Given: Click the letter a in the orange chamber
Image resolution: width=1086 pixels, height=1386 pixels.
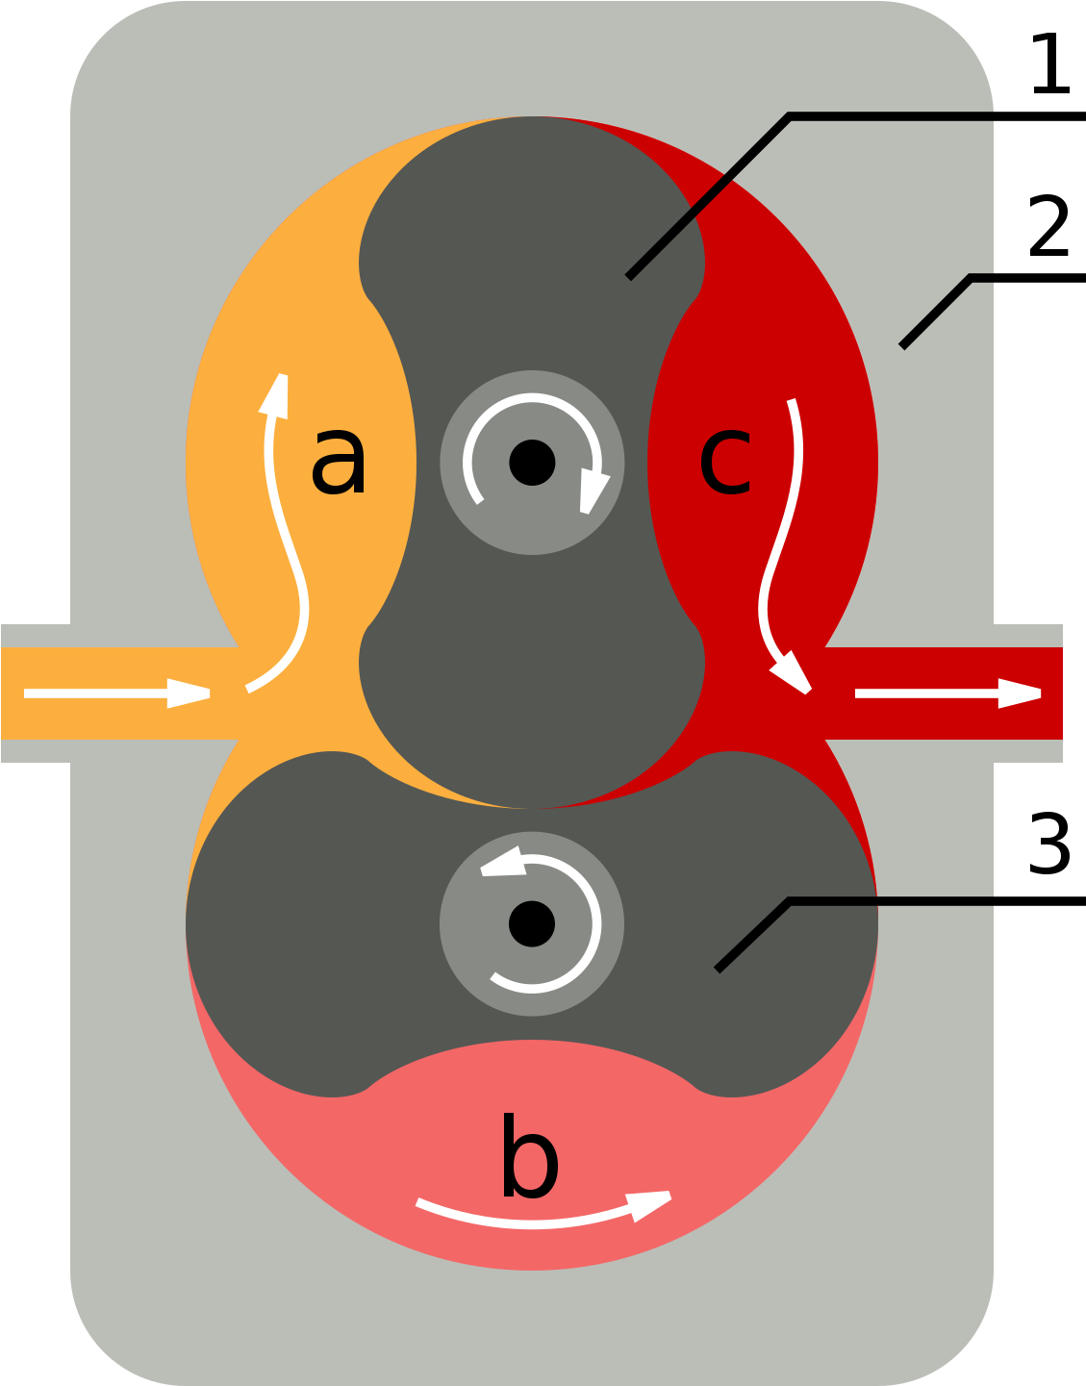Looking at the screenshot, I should click(339, 463).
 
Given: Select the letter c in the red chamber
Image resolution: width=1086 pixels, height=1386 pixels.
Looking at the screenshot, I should click(725, 463).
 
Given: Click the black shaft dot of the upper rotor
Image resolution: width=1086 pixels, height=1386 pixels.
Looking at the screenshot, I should click(532, 463).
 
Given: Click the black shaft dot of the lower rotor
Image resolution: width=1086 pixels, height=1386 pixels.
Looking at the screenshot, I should click(532, 923).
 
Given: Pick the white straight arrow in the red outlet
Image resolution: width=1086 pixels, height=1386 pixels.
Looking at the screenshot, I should click(947, 693).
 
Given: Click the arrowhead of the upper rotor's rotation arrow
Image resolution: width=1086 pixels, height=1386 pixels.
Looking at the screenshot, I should click(594, 491).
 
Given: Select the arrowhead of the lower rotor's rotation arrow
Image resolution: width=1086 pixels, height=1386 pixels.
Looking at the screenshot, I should click(503, 862).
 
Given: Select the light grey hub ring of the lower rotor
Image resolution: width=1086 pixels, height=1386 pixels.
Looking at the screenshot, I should click(462, 971).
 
